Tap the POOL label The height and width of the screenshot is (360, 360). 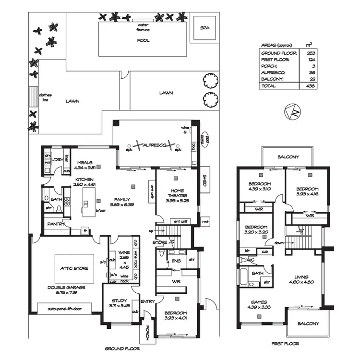pyautogui.click(x=143, y=41)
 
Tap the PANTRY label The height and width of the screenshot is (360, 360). pyautogui.click(x=55, y=224)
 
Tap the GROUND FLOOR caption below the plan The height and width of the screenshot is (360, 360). pyautogui.click(x=122, y=348)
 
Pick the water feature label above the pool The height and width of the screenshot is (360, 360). pyautogui.click(x=143, y=27)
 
